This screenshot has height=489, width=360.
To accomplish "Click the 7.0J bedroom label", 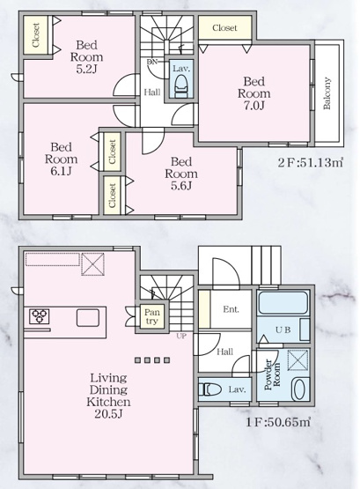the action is [x=253, y=93].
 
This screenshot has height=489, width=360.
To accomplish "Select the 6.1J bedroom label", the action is [x=61, y=159].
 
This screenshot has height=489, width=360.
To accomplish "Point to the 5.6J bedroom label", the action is [x=181, y=174].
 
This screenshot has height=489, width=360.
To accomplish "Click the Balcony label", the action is [x=327, y=93].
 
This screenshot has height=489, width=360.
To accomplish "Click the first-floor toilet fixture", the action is [x=209, y=389].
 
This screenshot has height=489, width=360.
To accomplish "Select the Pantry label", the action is [x=152, y=316].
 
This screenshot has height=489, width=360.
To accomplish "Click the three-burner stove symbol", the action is [x=40, y=316].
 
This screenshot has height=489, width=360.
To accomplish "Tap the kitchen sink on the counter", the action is [x=88, y=318].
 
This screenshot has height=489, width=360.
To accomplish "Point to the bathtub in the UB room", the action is [x=283, y=302].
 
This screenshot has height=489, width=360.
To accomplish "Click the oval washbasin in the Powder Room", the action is [x=299, y=389].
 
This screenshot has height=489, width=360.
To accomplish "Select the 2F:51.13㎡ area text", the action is [x=311, y=163].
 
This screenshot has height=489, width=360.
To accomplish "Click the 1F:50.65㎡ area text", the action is [x=278, y=422].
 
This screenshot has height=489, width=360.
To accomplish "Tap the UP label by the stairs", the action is [x=181, y=337].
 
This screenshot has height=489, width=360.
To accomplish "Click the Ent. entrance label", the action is [x=231, y=309].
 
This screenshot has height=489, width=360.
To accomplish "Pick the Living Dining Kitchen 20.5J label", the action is [x=108, y=396].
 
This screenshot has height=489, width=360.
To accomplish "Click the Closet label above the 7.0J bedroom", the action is [x=224, y=28].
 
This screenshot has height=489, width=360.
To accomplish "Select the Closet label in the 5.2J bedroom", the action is [x=36, y=35].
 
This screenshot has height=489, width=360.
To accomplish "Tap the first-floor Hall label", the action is [x=224, y=352].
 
